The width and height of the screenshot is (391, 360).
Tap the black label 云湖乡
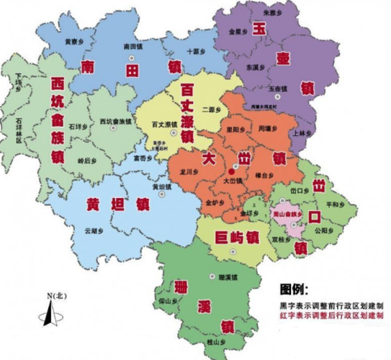(94, 230)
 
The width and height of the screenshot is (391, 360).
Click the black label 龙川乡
(189, 172)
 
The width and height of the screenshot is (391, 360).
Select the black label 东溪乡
(256, 67)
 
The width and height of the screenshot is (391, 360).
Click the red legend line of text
(331, 315)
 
